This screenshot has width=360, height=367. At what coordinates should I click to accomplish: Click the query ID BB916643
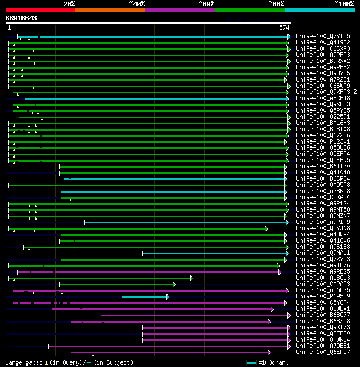tap(21, 18)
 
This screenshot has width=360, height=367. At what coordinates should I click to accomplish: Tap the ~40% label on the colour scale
tap(137, 4)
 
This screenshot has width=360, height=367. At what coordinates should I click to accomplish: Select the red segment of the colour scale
tap(40, 10)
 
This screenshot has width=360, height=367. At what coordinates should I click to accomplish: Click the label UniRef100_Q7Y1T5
tap(323, 37)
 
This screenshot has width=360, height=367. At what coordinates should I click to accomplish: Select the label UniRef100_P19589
tap(323, 297)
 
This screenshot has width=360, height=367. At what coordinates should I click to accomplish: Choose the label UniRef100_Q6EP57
tap(323, 352)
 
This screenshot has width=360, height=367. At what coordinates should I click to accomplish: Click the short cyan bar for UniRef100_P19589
tap(144, 297)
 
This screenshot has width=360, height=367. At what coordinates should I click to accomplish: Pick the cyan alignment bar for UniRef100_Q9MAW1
tap(214, 253)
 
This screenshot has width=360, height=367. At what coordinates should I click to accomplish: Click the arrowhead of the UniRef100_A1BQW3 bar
tap(192, 278)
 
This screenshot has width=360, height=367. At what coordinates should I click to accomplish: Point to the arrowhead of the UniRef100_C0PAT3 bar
tap(174, 284)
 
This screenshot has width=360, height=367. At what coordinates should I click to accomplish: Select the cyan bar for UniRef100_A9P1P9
tap(186, 222)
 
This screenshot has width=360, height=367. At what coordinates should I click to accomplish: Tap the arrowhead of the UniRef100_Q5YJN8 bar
tap(267, 229)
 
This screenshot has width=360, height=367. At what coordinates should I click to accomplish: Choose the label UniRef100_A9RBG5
tap(323, 272)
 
